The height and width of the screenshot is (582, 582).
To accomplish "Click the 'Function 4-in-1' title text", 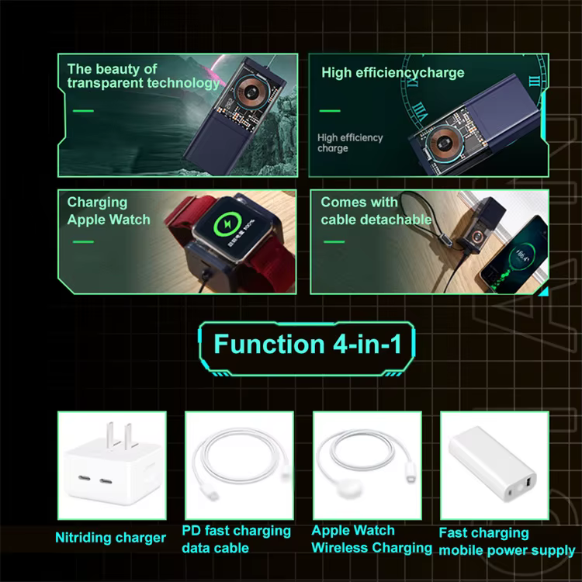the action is (308, 344).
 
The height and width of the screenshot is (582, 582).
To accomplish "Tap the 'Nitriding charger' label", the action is (110, 538).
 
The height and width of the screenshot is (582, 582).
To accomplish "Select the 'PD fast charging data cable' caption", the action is (236, 539).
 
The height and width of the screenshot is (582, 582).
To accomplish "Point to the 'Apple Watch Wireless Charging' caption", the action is (372, 539).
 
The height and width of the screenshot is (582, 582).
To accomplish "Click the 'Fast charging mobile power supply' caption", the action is (507, 542).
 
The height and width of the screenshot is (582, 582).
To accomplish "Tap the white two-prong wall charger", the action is (113, 466).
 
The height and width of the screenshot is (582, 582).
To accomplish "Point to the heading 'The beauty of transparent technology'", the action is (144, 76).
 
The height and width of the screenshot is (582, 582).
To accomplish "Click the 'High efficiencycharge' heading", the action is (393, 72).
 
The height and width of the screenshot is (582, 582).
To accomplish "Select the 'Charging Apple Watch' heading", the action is (109, 211).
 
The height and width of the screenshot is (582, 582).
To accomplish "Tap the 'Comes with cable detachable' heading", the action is (376, 211).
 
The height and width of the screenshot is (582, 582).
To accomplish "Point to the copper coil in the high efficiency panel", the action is (442, 143).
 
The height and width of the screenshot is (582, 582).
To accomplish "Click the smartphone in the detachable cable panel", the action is (514, 255).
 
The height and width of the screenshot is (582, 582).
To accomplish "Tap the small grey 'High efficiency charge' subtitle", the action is (350, 143).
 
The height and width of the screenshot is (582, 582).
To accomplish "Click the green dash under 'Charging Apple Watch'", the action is (83, 242).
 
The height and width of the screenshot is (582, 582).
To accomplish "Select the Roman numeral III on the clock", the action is (534, 81).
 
